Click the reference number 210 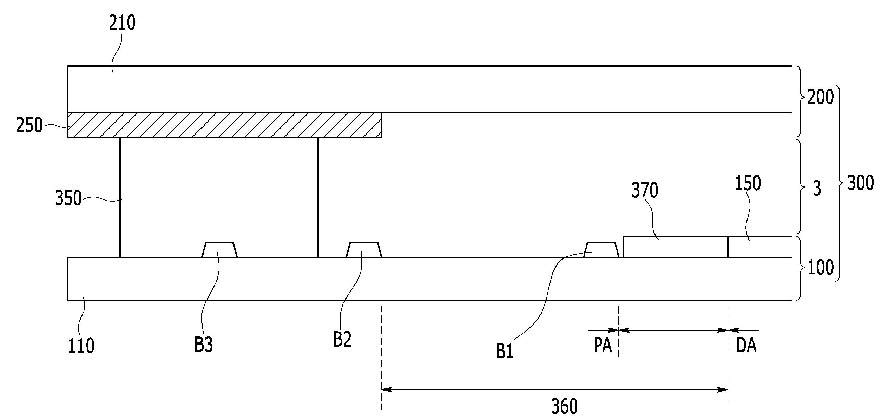pyautogui.click(x=122, y=23)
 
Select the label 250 pyautogui.click(x=29, y=125)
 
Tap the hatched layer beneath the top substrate pyautogui.click(x=224, y=125)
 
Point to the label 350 pyautogui.click(x=68, y=198)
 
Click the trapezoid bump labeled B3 pyautogui.click(x=219, y=250)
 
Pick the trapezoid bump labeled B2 pyautogui.click(x=364, y=250)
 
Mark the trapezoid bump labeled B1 pyautogui.click(x=601, y=250)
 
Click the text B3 pyautogui.click(x=204, y=345)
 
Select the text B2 pyautogui.click(x=342, y=340)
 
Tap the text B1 pyautogui.click(x=505, y=351)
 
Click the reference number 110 pyautogui.click(x=81, y=346)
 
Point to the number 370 pyautogui.click(x=645, y=190)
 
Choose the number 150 pyautogui.click(x=748, y=183)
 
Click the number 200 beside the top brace pyautogui.click(x=821, y=97)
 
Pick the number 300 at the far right pyautogui.click(x=861, y=183)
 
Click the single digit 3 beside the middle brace pyautogui.click(x=817, y=189)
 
